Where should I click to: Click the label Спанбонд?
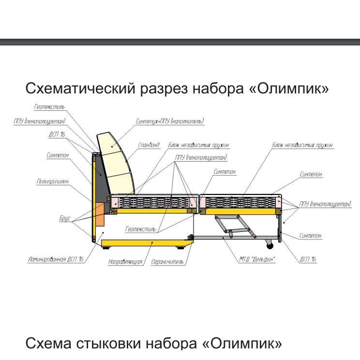[x=149, y=145]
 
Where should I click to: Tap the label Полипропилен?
[x=53, y=181]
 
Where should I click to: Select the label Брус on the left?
[x=65, y=218]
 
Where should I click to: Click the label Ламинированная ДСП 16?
[x=55, y=259]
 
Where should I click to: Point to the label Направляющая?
[x=125, y=262]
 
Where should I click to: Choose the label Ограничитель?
[x=167, y=262]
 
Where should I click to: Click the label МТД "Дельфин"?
[x=257, y=259]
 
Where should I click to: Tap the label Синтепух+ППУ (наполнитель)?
[x=170, y=121]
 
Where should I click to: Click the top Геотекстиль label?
[x=49, y=107]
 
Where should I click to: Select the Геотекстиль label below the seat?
[x=140, y=229]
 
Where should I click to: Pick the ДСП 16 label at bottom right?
[x=308, y=259]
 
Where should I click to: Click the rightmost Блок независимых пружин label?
[x=302, y=145]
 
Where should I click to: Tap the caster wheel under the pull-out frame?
[x=270, y=246]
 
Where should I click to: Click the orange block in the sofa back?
[x=100, y=214]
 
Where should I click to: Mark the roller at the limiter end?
[x=191, y=237]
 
